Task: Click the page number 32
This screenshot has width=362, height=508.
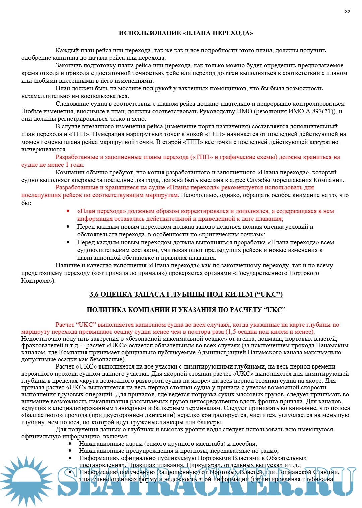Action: [347, 12]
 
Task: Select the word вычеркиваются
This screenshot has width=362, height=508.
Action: [44, 149]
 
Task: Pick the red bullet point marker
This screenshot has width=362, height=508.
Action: [68, 211]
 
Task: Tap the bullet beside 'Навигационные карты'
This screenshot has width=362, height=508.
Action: [70, 444]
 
